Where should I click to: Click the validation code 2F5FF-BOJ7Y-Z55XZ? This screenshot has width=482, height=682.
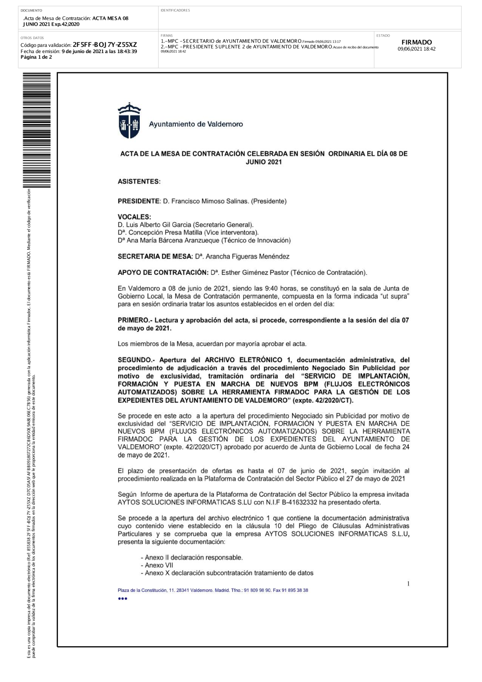point(105,45)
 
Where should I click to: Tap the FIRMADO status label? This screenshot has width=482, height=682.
point(417,42)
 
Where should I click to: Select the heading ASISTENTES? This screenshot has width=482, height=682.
point(139,182)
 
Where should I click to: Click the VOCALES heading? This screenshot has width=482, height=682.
point(134,217)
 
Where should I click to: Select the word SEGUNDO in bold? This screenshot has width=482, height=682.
point(134,360)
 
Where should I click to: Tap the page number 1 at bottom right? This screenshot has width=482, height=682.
point(408,584)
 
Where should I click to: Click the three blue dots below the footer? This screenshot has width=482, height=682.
point(122,599)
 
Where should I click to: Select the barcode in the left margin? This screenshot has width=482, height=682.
point(37,130)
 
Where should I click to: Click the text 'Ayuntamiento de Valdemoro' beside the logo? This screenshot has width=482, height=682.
point(196,124)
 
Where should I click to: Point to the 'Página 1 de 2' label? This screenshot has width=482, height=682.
point(36,57)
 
